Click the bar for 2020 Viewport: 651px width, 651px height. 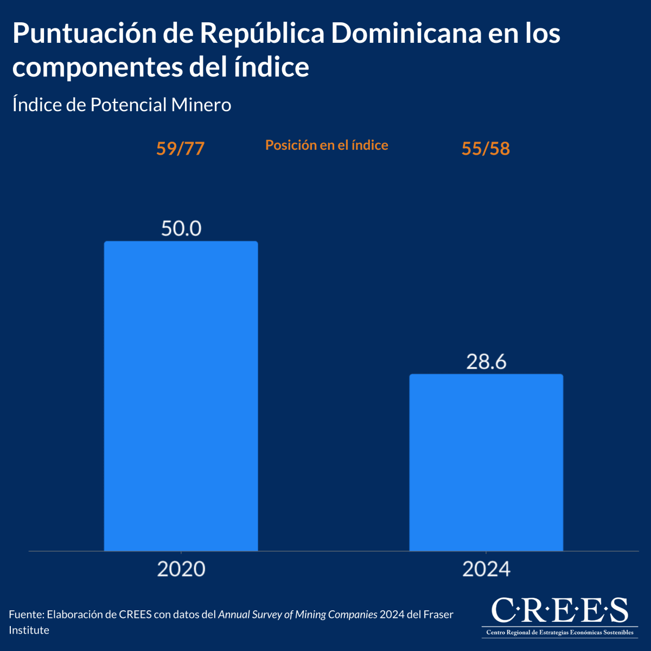pyautogui.click(x=181, y=396)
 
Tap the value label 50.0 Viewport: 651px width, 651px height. pyautogui.click(x=181, y=228)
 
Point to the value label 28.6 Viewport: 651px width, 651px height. pyautogui.click(x=486, y=361)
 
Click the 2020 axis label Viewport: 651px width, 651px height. pyautogui.click(x=181, y=569)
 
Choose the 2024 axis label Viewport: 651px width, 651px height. pyautogui.click(x=486, y=569)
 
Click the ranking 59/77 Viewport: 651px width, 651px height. pyautogui.click(x=180, y=148)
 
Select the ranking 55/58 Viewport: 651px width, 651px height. pyautogui.click(x=486, y=148)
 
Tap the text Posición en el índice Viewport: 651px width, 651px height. pyautogui.click(x=327, y=145)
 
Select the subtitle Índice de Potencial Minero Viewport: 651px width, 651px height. pyautogui.click(x=122, y=105)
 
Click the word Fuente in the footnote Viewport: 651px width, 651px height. pyautogui.click(x=25, y=615)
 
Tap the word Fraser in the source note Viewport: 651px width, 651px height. pyautogui.click(x=438, y=615)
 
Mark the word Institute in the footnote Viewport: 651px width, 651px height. pyautogui.click(x=29, y=630)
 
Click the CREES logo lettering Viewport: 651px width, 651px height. pyautogui.click(x=559, y=611)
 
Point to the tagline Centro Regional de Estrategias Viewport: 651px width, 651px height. pyautogui.click(x=559, y=633)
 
